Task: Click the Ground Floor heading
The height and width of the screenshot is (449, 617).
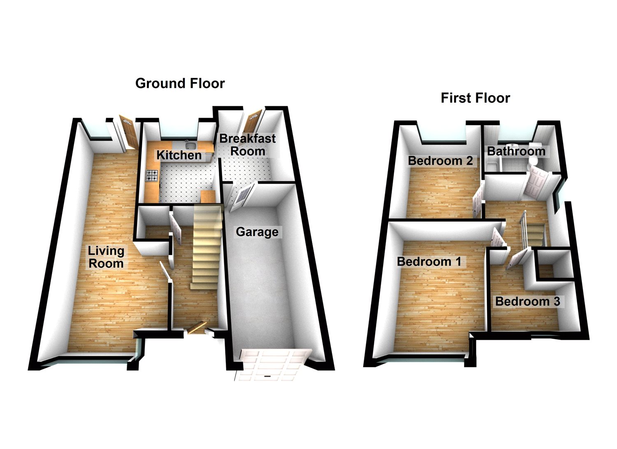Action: (x=180, y=84)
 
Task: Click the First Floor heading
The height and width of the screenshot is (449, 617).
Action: (x=475, y=98)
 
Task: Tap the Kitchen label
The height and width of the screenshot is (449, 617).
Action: (x=179, y=155)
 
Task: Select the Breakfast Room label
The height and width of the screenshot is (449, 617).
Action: (x=247, y=145)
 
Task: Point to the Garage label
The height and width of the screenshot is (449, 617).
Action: (x=257, y=232)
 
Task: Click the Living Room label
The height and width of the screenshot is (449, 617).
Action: (x=106, y=257)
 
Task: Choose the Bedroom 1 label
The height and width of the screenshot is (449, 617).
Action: (x=429, y=262)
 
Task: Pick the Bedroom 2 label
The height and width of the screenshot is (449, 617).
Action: (x=440, y=161)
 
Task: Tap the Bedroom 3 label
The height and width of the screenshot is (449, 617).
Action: (x=527, y=302)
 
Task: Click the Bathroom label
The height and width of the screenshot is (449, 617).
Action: (x=516, y=151)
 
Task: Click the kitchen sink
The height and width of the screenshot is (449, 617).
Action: (x=190, y=145)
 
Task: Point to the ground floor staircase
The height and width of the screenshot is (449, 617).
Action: (x=206, y=247)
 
